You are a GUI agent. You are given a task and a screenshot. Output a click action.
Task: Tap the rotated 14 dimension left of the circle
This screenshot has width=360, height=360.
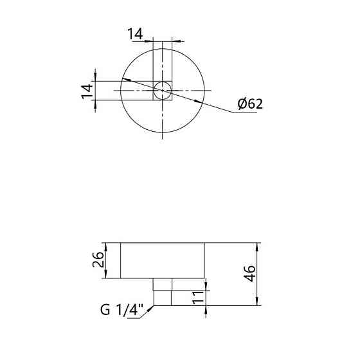tap(87, 90)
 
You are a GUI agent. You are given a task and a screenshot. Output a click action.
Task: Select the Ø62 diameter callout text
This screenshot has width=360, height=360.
tap(250, 104)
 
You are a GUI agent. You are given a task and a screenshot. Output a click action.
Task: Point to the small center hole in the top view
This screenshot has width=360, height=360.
tap(163, 91)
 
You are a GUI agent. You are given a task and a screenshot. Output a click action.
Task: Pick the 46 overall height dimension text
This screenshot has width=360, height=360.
tap(251, 274)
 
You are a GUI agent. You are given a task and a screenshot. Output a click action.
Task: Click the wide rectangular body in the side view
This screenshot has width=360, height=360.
tap(163, 260)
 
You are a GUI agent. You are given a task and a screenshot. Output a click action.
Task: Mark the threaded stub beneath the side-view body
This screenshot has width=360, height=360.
tap(163, 292)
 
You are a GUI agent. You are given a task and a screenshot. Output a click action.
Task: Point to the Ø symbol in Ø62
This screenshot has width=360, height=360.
tap(242, 104)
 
